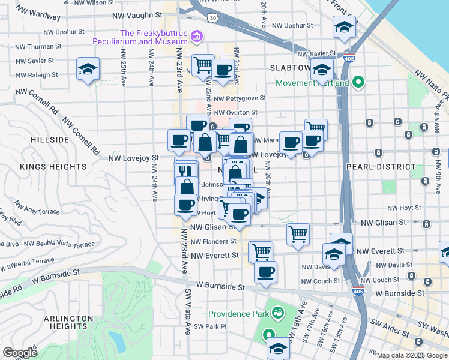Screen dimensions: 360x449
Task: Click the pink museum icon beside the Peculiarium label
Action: (194, 37)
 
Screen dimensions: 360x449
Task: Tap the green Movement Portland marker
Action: (359, 82)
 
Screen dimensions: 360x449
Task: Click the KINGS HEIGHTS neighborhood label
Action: (49, 166)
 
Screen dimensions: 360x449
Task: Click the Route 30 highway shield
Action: (213, 18)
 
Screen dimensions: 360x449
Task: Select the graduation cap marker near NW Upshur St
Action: (343, 27)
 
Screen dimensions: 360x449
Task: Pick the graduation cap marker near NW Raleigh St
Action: (88, 69)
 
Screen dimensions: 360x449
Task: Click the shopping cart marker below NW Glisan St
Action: (298, 234)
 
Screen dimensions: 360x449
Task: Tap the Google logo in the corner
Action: (20, 353)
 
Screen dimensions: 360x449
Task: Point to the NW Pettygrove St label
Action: (240, 98)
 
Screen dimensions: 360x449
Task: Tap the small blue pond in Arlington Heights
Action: (118, 341)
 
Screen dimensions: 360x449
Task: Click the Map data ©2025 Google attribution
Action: (412, 355)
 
